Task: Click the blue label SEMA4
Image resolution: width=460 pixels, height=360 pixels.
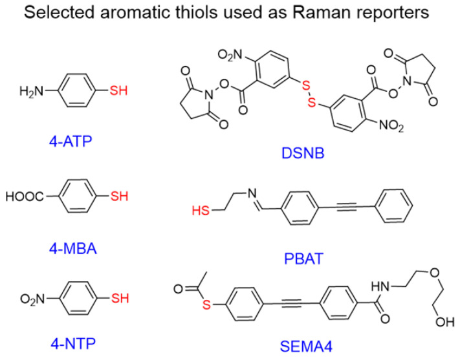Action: [300, 345]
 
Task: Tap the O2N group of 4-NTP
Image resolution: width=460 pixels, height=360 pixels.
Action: [27, 298]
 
